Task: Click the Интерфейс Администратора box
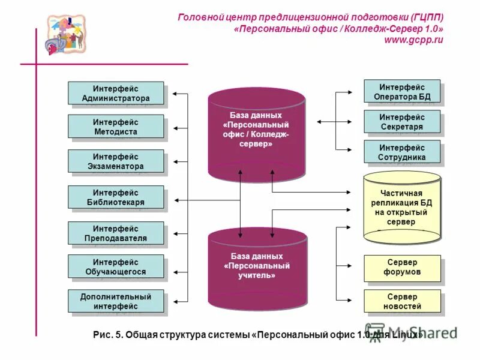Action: click(116, 94)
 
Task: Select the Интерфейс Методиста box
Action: click(116, 127)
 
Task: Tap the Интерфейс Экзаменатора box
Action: click(116, 161)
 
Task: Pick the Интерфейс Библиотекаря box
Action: click(116, 197)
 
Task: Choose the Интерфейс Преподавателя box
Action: click(116, 233)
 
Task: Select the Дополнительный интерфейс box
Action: click(116, 302)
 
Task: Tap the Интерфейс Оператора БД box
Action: click(402, 92)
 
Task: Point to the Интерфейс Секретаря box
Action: click(402, 122)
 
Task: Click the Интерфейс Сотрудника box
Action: click(402, 152)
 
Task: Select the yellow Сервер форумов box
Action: click(402, 268)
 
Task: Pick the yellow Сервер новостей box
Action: click(402, 302)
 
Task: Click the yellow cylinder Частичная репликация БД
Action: click(402, 207)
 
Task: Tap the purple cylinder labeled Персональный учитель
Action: click(257, 269)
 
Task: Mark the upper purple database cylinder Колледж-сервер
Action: click(257, 132)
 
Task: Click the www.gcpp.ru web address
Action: click(413, 40)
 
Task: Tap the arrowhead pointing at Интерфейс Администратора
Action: click(175, 94)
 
